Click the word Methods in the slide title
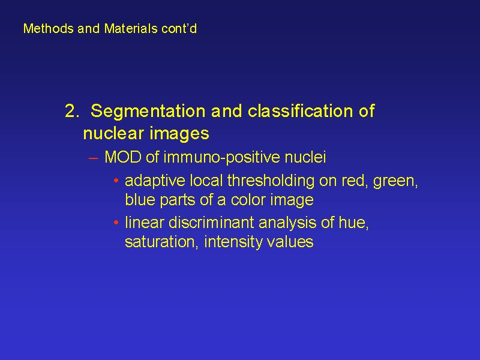pyautogui.click(x=49, y=28)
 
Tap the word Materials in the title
pyautogui.click(x=131, y=28)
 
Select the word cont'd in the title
pyautogui.click(x=179, y=28)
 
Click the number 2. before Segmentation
pyautogui.click(x=72, y=111)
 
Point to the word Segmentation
pyautogui.click(x=148, y=112)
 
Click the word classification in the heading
pyautogui.click(x=300, y=111)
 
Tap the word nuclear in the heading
pyautogui.click(x=113, y=133)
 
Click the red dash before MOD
pyautogui.click(x=93, y=158)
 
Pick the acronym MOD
pyautogui.click(x=123, y=157)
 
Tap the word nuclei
pyautogui.click(x=305, y=157)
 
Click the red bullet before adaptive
pyautogui.click(x=116, y=181)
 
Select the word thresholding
pyautogui.click(x=271, y=181)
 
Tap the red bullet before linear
pyautogui.click(x=116, y=223)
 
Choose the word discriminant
pyautogui.click(x=211, y=223)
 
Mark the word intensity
pyautogui.click(x=233, y=242)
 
